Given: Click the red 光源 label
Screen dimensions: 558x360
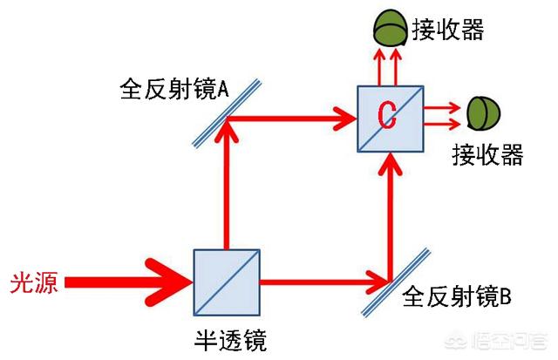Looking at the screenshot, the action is click(34, 283).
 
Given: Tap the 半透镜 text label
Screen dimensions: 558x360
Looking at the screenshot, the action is click(230, 340).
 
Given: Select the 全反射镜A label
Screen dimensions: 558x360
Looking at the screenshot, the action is click(174, 89).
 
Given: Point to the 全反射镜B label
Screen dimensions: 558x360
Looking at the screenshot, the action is click(457, 296).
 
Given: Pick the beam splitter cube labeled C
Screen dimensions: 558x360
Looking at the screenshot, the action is click(391, 119).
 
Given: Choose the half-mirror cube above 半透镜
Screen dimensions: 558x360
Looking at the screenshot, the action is click(227, 282).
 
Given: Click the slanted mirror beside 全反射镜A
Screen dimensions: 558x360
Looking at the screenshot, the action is click(227, 113).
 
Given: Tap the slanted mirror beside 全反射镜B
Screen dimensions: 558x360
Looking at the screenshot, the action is click(396, 282).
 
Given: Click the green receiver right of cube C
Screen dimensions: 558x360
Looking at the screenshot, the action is click(484, 114).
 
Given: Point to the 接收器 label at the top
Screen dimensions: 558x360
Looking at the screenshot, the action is click(448, 29).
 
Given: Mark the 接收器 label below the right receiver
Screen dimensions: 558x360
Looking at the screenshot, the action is click(487, 154).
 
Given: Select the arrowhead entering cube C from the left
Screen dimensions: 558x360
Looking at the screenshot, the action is click(344, 119).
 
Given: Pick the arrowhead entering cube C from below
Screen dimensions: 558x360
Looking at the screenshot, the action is click(391, 165).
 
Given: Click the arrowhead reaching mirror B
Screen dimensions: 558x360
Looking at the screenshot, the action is click(378, 282).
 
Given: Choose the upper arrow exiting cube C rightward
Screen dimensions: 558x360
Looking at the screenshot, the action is click(442, 107).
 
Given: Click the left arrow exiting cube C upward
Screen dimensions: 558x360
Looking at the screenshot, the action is click(379, 68).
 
